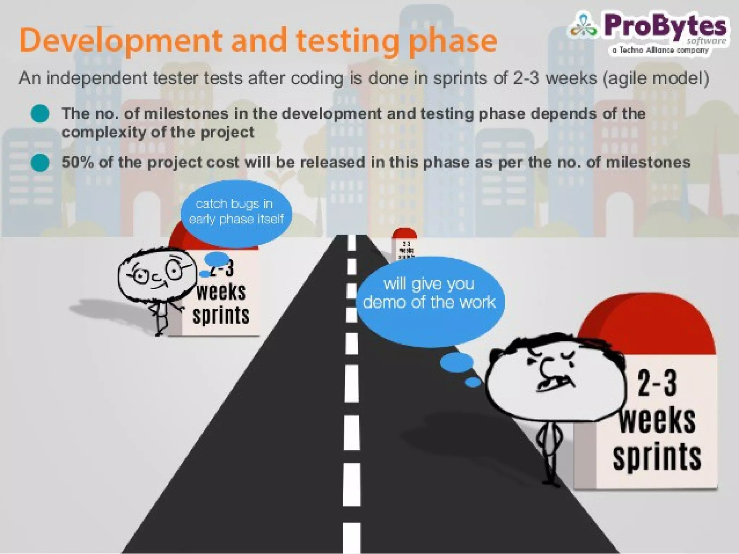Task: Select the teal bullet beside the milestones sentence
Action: click(x=40, y=114)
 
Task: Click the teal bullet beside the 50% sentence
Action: click(x=40, y=162)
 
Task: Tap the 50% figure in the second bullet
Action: click(x=78, y=162)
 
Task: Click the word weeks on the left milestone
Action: click(x=221, y=292)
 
